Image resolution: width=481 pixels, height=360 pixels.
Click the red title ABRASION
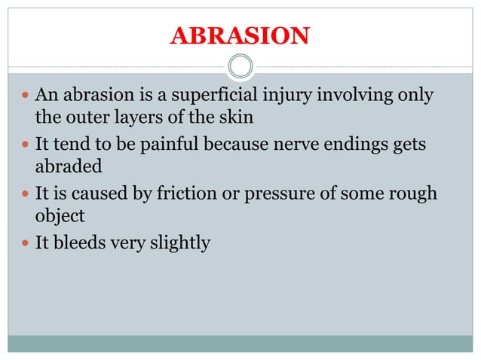pyautogui.click(x=240, y=35)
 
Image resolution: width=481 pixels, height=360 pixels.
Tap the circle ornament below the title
pyautogui.click(x=240, y=66)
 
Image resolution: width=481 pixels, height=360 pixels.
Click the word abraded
pyautogui.click(x=67, y=166)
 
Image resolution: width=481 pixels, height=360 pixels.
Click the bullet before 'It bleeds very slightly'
pyautogui.click(x=25, y=242)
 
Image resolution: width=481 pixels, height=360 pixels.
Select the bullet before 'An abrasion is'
pyautogui.click(x=25, y=96)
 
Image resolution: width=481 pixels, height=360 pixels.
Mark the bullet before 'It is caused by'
pyautogui.click(x=25, y=194)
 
